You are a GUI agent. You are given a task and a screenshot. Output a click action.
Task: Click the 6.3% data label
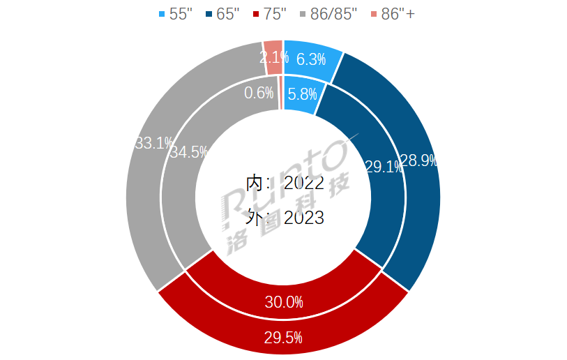[312, 59]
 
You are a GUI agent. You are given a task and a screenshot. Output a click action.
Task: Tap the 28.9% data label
[418, 161]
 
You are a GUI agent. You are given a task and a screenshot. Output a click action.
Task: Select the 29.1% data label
[383, 166]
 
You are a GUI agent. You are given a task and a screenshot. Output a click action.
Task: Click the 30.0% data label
[284, 302]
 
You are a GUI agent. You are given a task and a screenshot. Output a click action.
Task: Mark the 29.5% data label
[283, 338]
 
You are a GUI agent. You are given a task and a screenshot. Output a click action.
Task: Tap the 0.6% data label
[259, 93]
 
